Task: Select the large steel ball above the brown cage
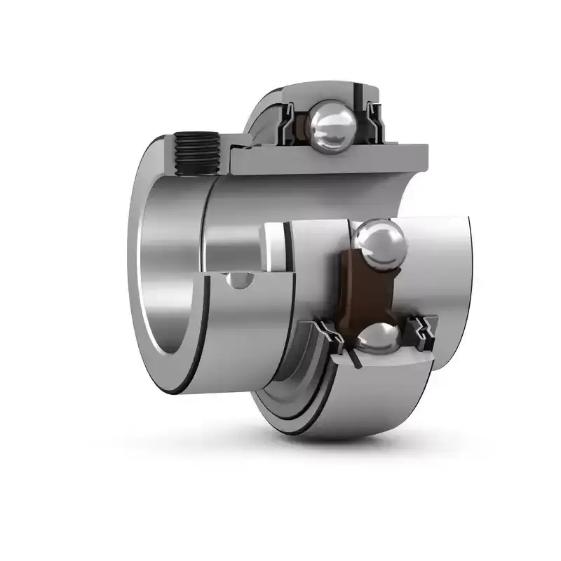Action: (x=379, y=243)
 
